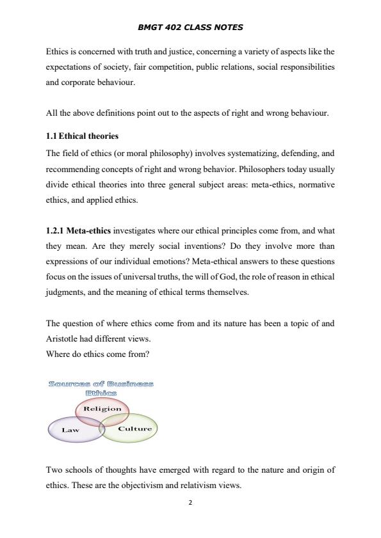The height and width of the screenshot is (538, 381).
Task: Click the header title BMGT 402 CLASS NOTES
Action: coord(190,28)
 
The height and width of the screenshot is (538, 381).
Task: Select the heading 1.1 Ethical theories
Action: coord(82,136)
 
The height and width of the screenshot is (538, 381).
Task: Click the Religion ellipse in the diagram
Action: coord(102,409)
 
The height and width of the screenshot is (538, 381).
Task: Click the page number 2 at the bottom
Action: coord(190,502)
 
